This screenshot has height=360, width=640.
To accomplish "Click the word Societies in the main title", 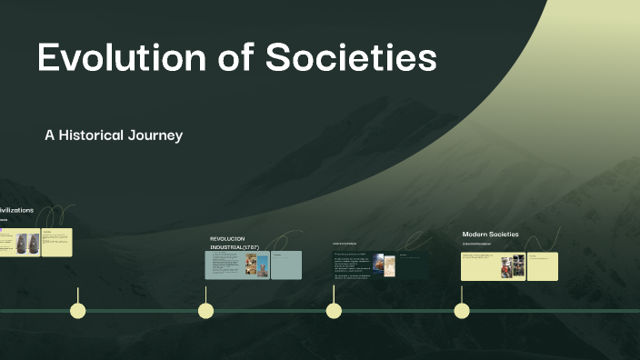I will tap(351, 59).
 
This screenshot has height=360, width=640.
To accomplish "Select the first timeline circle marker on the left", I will tap(78, 311).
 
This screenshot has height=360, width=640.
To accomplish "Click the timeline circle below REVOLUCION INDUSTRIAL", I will tap(206, 311).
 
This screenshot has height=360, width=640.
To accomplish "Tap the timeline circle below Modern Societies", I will tap(462, 311).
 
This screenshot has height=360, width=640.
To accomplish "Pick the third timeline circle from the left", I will tap(334, 311).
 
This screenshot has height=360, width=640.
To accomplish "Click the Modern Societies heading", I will tap(490, 235).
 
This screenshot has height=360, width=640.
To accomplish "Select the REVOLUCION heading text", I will tap(227, 238).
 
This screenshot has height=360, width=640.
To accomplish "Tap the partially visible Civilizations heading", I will tap(16, 210).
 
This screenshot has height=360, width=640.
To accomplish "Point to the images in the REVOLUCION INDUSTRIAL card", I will tap(257, 265).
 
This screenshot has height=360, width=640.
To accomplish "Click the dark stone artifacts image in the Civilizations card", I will tap(28, 242).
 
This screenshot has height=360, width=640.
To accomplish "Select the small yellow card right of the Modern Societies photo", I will tap(543, 266).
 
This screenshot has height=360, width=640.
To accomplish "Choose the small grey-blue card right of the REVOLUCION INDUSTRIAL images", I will tap(285, 265).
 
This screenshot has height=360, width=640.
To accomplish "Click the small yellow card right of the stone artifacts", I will tap(56, 243).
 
